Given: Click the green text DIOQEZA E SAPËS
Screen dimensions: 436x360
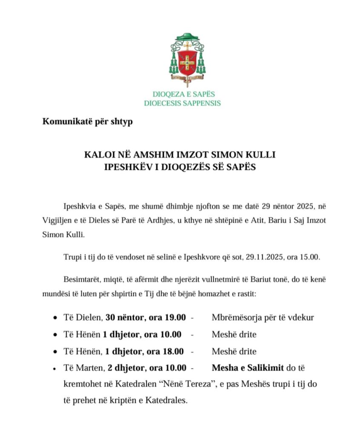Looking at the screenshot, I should click(x=184, y=94).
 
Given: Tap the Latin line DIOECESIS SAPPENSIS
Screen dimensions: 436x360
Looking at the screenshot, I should click(x=182, y=103).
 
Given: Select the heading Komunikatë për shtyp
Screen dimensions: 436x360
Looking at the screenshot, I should click(x=88, y=122).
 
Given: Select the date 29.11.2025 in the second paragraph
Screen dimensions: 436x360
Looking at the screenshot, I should click(x=269, y=258).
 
